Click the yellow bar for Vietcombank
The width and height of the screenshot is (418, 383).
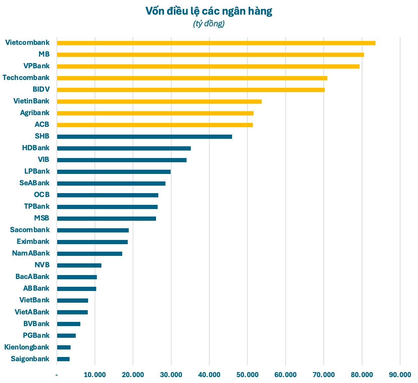tap(216, 43)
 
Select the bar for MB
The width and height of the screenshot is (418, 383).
tap(210, 55)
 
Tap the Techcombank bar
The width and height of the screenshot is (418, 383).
tap(192, 78)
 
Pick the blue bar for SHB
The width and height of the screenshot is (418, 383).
tap(144, 137)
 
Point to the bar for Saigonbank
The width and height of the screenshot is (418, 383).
tap(63, 359)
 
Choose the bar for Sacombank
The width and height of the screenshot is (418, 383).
tap(93, 230)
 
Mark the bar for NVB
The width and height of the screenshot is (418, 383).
tap(79, 265)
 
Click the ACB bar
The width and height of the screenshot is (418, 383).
tap(155, 125)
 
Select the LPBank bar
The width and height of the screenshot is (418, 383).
tap(114, 172)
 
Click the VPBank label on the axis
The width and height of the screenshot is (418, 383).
tap(36, 66)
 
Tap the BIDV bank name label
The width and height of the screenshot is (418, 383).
tap(41, 89)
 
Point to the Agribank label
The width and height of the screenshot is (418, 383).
tap(35, 113)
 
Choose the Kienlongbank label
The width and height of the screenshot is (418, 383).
tap(27, 347)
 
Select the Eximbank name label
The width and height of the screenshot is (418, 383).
tap(33, 242)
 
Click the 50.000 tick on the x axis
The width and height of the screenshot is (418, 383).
tap(247, 375)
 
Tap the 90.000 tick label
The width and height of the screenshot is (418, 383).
tap(400, 375)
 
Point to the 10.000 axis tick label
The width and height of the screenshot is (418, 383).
tap(95, 375)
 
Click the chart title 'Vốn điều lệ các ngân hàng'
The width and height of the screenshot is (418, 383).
tap(209, 11)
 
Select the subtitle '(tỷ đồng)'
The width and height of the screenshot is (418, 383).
tap(209, 24)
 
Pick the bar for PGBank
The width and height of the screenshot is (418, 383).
tap(66, 336)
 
